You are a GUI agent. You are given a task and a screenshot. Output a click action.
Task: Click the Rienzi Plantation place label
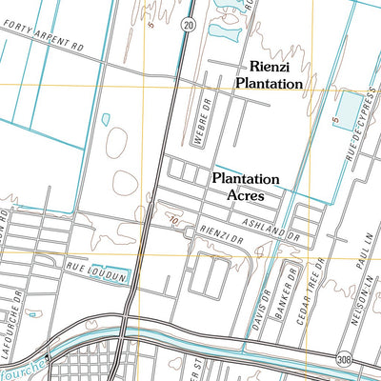(x=270, y=75)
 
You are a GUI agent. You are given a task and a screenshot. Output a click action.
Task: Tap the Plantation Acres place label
(x=245, y=186)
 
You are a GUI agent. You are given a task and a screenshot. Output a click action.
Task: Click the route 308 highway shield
(x=343, y=358)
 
